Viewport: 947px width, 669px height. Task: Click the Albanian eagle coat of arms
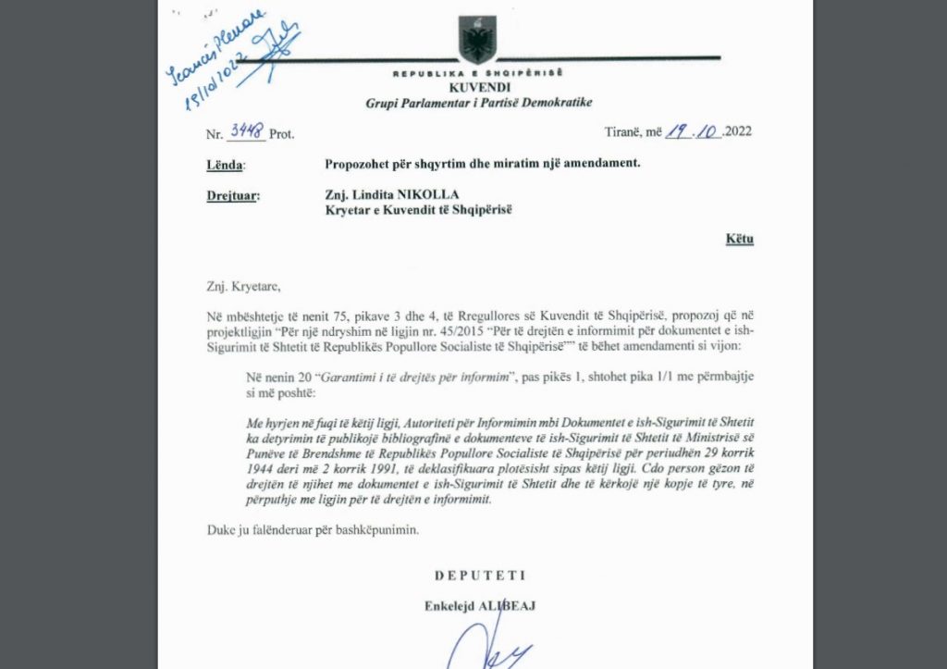(478, 39)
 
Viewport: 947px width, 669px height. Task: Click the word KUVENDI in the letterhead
(478, 86)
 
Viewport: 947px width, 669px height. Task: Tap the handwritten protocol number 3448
(246, 131)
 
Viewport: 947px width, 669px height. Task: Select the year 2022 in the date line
(739, 131)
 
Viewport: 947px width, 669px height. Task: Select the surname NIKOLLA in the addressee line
(434, 195)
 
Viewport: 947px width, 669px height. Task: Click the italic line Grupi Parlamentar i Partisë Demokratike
(478, 102)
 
